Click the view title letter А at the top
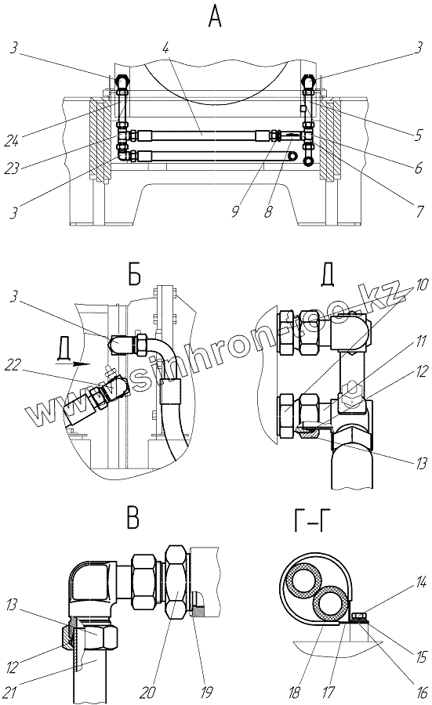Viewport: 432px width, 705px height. (x=215, y=18)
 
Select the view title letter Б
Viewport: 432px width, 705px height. (x=134, y=275)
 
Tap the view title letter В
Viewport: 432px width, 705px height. (x=133, y=518)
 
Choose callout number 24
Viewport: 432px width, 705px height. (x=12, y=140)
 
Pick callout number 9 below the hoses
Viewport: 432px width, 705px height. (x=235, y=211)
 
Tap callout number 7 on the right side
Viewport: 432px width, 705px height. (x=420, y=211)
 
